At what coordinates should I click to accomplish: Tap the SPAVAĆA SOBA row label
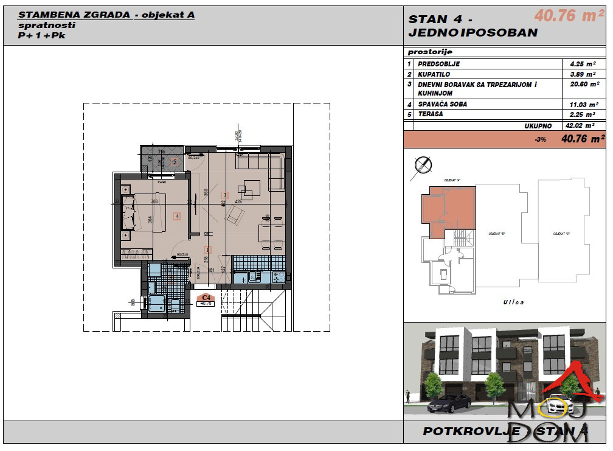pyautogui.click(x=442, y=104)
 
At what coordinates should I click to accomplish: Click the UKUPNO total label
pyautogui.click(x=538, y=125)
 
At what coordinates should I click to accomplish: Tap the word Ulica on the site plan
pyautogui.click(x=513, y=302)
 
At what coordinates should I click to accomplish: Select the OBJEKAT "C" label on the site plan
pyautogui.click(x=561, y=233)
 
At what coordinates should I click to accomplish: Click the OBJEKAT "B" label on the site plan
pyautogui.click(x=497, y=233)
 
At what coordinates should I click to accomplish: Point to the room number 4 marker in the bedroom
pyautogui.click(x=176, y=215)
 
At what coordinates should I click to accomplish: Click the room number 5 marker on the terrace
pyautogui.click(x=175, y=162)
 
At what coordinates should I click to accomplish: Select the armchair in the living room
pyautogui.click(x=235, y=215)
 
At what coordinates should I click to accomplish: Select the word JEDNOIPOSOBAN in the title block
pyautogui.click(x=473, y=33)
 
